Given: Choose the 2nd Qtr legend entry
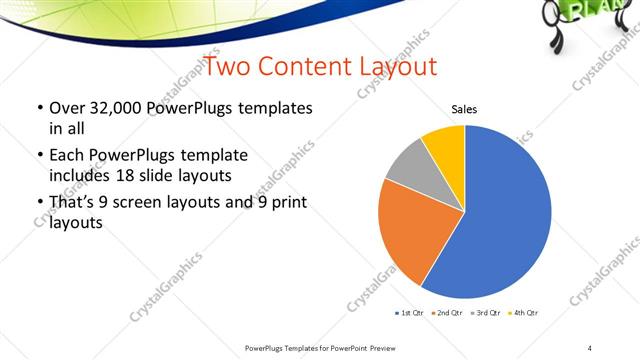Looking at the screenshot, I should (x=446, y=313).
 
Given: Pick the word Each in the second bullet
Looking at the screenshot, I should (x=63, y=156).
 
